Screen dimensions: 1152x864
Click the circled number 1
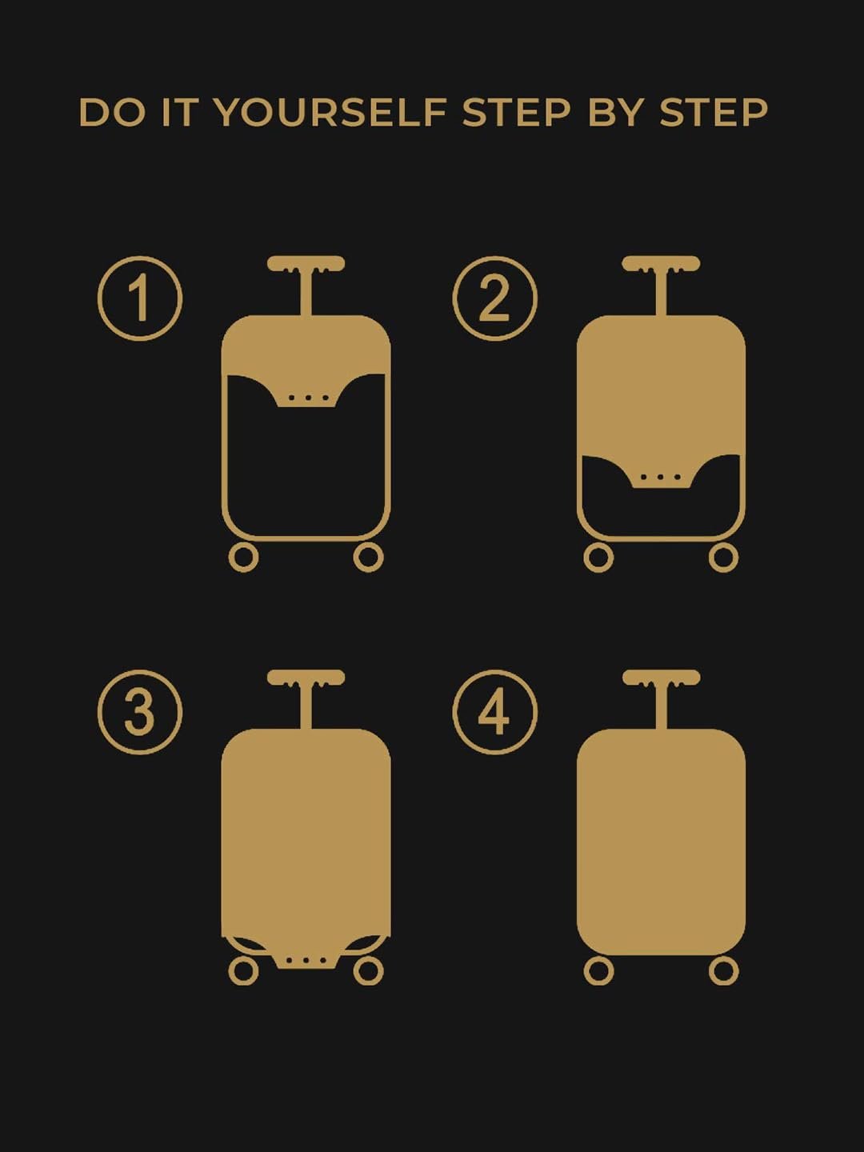pos(140,298)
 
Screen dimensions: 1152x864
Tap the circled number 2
pos(494,298)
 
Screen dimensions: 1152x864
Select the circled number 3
pos(140,712)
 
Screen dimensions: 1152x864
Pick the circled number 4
pos(494,712)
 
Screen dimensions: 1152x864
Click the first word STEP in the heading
pos(516,113)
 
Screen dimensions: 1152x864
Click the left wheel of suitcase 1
pos(243,557)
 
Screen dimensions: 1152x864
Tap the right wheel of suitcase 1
pos(368,557)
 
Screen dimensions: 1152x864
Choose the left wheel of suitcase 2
pos(598,557)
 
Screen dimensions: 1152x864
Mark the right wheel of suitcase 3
pos(368,970)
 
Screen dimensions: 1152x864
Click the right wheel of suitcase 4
pos(723,970)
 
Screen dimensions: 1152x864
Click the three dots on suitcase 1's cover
pos(308,398)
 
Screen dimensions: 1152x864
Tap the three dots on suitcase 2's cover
pos(661,478)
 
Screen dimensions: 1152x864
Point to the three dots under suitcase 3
pos(308,960)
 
